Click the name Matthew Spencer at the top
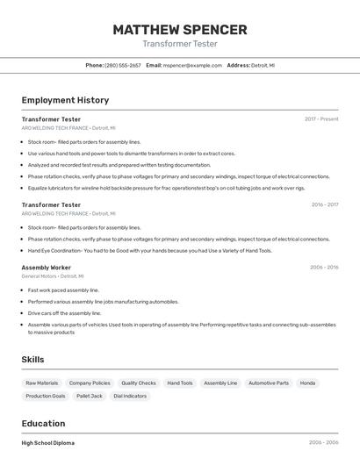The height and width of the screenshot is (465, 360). pos(180,30)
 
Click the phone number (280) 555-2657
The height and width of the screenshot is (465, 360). pos(122,65)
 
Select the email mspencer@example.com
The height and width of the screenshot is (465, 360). pos(193,65)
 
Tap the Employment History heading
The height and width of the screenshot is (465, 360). pos(65,100)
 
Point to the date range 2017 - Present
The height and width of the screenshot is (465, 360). pos(321,118)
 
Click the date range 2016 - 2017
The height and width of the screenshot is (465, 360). pos(324,204)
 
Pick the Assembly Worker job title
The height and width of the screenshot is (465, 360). pos(47,267)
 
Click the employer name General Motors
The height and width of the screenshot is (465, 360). pos(39,276)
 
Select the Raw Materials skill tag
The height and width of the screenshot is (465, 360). pos(41,383)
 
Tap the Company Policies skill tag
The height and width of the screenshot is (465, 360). pos(90,383)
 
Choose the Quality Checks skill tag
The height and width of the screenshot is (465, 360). pos(139,383)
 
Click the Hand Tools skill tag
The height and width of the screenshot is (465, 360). pos(180,383)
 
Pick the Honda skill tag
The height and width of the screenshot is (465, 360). pos(307,383)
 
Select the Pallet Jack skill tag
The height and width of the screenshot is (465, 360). pos(90,396)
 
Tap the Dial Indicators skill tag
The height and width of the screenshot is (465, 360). pos(130,396)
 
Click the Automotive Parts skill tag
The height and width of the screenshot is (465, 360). pos(269,383)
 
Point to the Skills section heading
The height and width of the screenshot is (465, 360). pos(33,360)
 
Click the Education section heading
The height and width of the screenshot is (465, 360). pos(44,423)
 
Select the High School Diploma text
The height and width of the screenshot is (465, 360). pos(48,443)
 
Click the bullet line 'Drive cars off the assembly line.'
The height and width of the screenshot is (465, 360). pos(65,312)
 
